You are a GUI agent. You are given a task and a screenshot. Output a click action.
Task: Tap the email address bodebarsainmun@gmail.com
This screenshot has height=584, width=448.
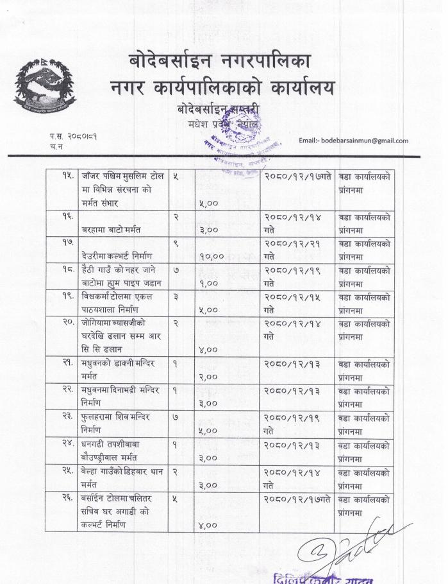353,140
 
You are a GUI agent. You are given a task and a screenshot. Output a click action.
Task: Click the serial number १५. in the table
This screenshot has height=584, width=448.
63,175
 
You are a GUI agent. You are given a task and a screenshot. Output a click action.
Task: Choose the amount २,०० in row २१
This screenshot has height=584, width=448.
207,377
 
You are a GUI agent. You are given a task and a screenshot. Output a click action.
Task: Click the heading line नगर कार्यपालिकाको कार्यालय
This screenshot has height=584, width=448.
222,88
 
